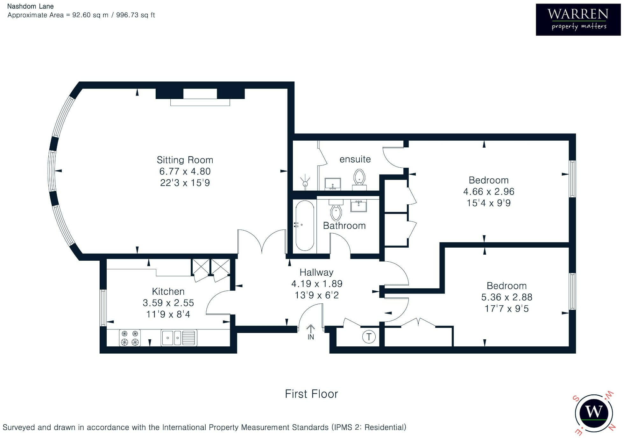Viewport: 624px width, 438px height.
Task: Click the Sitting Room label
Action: (185, 160)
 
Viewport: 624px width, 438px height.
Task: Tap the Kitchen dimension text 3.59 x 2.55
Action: (168, 303)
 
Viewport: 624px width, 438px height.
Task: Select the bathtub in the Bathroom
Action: (305, 225)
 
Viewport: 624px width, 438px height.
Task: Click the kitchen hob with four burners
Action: (130, 338)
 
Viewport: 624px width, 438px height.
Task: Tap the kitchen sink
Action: (179, 338)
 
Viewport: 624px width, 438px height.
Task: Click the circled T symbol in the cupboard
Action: (369, 337)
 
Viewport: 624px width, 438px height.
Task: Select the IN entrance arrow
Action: (311, 332)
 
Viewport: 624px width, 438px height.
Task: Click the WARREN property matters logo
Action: (578, 19)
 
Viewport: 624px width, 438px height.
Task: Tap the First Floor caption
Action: (311, 394)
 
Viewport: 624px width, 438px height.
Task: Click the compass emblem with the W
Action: (594, 413)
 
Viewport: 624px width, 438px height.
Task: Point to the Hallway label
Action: (316, 272)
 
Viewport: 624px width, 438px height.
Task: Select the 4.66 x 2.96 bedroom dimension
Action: (489, 192)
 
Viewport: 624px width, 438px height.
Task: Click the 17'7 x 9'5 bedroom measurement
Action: (507, 308)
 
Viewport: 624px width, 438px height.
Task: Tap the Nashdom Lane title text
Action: (31, 6)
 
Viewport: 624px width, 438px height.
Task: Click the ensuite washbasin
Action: (333, 184)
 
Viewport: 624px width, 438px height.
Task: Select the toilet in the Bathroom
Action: (336, 210)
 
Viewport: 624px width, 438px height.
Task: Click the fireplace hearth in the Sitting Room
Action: (200, 102)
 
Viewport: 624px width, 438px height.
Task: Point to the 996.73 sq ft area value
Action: (135, 15)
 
